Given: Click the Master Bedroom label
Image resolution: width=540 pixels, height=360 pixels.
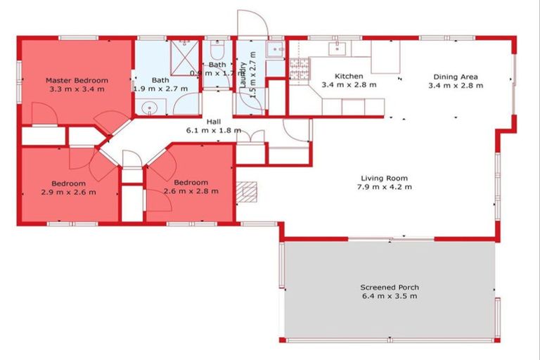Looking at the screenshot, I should (x=77, y=80).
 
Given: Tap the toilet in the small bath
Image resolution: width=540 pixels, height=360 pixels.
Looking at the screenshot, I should (x=217, y=52).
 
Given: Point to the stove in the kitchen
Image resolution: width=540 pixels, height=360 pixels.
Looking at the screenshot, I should (x=299, y=69).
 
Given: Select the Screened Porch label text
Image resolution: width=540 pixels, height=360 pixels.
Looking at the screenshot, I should (x=389, y=287).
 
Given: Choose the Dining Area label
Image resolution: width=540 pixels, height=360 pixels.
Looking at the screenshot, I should (x=455, y=76).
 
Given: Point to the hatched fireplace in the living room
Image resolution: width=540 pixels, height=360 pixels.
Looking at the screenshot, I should (x=247, y=191).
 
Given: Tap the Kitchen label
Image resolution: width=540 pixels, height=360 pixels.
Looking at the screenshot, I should (x=349, y=76).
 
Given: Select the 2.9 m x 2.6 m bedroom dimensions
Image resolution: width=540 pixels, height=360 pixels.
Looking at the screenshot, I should (x=68, y=192).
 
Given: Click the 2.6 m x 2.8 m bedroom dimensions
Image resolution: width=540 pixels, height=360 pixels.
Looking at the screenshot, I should (x=191, y=191).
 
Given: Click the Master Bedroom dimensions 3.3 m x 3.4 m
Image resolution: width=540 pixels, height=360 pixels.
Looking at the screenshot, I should (x=77, y=89).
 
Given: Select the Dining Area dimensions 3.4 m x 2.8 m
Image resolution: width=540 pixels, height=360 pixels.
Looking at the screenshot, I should (x=456, y=85).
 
